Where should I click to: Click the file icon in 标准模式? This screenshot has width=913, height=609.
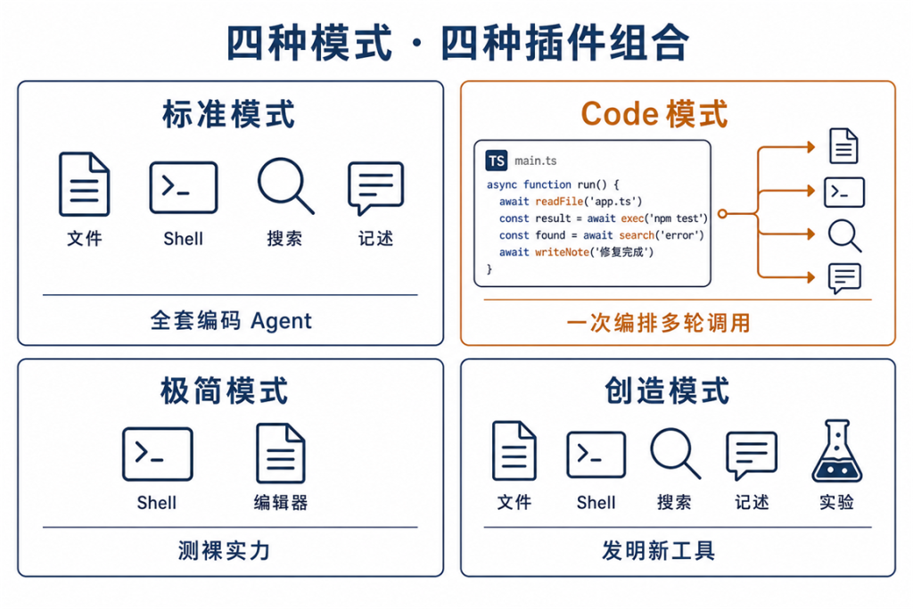coord(85,184)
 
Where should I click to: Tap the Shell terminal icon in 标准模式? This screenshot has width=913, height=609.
coord(184,187)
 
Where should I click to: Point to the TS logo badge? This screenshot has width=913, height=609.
coord(496,160)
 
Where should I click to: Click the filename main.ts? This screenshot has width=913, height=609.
coord(536,160)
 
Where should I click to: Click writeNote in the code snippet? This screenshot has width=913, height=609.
coord(562,252)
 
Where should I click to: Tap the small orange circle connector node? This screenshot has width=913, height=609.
coord(722,214)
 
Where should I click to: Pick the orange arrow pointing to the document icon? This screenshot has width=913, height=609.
coord(786,148)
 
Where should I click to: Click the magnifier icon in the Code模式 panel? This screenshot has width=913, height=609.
coord(844,235)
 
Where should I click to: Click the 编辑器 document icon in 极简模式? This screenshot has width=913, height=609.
coord(281,453)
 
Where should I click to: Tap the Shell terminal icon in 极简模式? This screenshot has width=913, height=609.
coord(158,454)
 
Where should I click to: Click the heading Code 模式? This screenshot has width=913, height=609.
coord(654,113)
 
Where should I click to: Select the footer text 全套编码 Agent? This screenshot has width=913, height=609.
coord(231,321)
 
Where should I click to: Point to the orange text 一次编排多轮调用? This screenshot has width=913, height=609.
coord(658,323)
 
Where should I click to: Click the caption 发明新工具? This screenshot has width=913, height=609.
coord(659,550)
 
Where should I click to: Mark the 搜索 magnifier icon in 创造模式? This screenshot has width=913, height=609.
coord(676,454)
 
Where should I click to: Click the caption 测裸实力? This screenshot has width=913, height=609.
coord(224,550)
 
